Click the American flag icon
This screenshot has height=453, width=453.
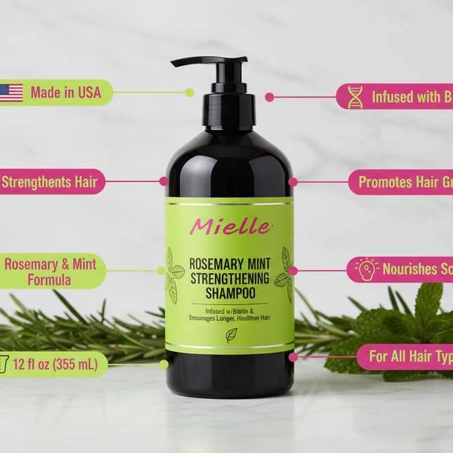(11, 93)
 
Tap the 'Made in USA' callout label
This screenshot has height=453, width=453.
(65, 92)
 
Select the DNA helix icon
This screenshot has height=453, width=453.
(355, 97)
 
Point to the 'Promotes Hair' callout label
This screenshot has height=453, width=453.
(400, 182)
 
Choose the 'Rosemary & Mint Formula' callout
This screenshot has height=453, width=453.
(51, 272)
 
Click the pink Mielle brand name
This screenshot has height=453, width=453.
(230, 226)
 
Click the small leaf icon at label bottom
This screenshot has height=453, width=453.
(231, 334)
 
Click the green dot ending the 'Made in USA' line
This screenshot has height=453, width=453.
(190, 92)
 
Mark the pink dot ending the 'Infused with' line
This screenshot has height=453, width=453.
(269, 97)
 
